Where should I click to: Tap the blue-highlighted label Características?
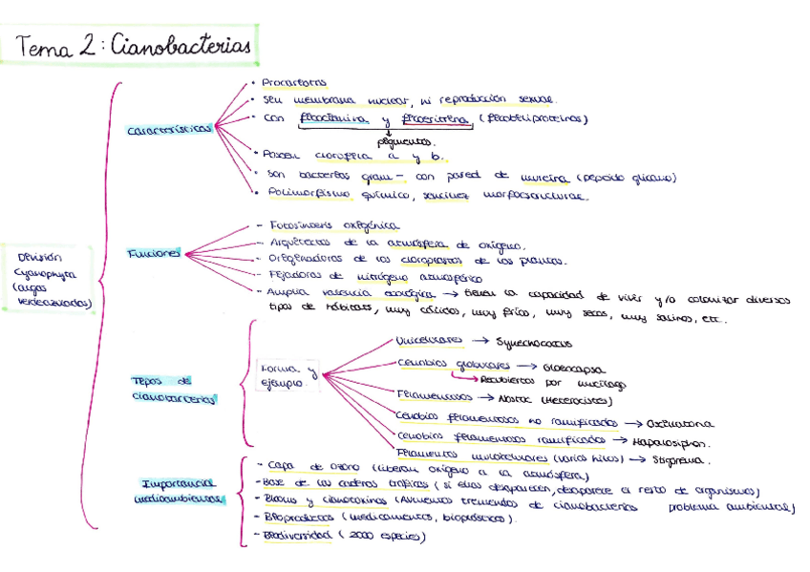tap(169, 131)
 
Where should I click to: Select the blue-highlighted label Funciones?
tap(154, 254)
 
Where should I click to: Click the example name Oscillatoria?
tap(679, 422)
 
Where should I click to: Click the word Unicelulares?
tap(429, 340)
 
